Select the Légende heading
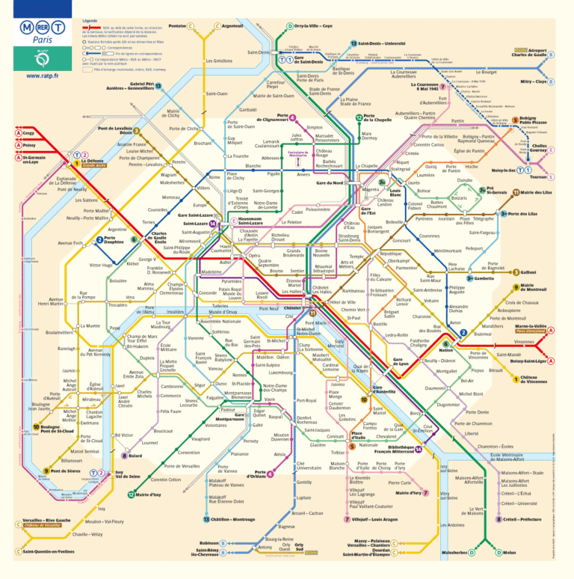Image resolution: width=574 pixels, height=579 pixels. point(90,19)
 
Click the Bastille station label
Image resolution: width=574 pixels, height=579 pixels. point(380,324)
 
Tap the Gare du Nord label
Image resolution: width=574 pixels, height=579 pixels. point(330,183)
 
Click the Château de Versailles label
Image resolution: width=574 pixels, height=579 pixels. point(46,527)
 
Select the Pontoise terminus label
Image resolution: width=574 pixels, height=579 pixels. point(177,27)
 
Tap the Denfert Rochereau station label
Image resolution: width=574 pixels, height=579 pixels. point(308,420)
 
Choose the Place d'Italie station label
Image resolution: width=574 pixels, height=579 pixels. point(358,435)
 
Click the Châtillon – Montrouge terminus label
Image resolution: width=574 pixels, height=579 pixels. point(234,519)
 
